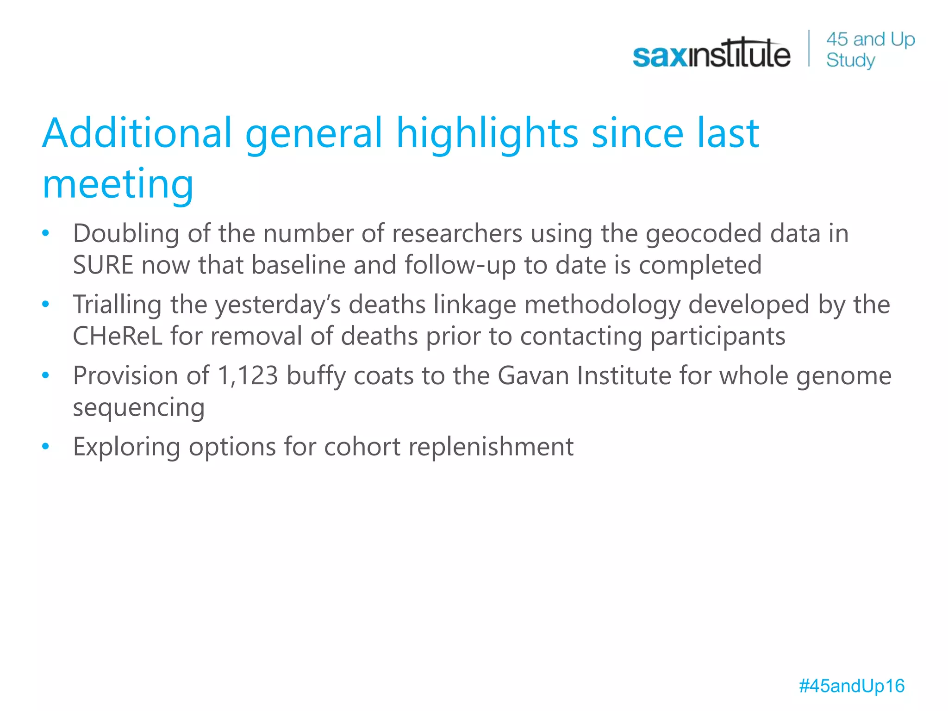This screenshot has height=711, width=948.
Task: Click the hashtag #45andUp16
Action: click(x=851, y=686)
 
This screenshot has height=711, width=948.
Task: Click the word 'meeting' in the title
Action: click(x=118, y=184)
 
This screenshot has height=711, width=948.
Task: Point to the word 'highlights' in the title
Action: click(x=487, y=134)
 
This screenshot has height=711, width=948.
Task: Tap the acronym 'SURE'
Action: click(x=103, y=265)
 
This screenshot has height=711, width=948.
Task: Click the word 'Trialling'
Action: click(x=117, y=305)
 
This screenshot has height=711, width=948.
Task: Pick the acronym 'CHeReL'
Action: click(x=118, y=337)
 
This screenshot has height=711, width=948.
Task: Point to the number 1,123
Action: click(x=247, y=376)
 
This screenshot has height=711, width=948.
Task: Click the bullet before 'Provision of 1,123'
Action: click(x=45, y=375)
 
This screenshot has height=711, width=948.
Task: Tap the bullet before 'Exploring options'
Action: click(x=45, y=447)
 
